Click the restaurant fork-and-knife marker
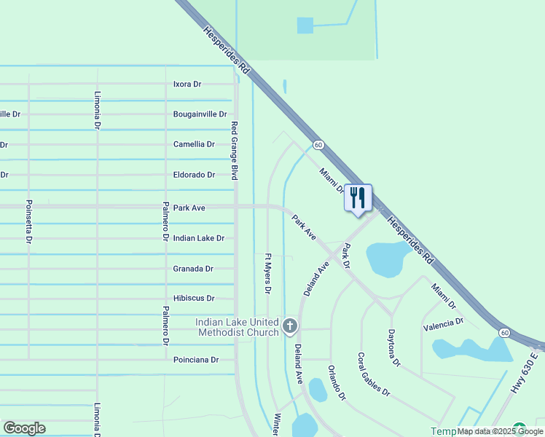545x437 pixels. tap(358, 197)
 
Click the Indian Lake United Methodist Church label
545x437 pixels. tap(237, 327)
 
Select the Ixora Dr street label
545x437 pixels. tap(187, 84)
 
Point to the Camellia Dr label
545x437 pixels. tap(194, 144)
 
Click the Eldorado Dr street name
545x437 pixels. tap(194, 175)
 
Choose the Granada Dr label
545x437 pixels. tap(193, 269)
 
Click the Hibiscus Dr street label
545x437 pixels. tap(194, 299)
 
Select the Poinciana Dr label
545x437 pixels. tap(196, 360)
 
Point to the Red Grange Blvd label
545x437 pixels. tap(235, 151)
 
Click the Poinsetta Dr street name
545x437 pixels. tap(29, 221)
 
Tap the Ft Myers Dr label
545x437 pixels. tap(267, 273)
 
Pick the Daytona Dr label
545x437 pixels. tap(394, 347)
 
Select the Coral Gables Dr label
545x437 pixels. tap(374, 374)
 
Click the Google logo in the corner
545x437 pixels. tap(24, 428)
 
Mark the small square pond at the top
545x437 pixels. tap(305, 25)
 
